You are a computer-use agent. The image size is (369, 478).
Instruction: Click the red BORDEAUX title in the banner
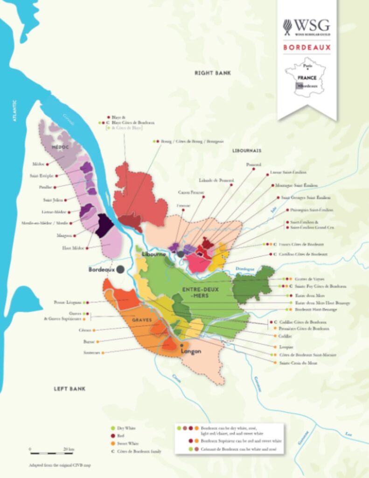pos(306,48)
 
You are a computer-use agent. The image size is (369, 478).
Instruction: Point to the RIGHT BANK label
pos(213,73)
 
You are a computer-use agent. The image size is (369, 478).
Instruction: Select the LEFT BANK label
pos(70,388)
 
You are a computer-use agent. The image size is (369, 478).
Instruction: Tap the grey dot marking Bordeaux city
pos(120,269)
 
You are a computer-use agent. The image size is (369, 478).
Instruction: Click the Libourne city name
pos(154,253)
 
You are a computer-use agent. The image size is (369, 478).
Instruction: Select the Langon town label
pos(191,351)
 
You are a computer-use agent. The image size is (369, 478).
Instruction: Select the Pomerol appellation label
pos(254,164)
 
